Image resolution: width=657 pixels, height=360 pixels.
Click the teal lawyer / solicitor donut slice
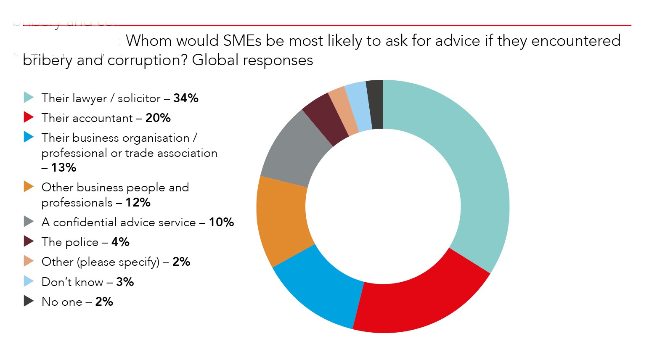coord(475,168)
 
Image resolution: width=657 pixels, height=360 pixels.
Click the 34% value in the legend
coord(185,98)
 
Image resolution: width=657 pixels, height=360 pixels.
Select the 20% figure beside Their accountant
coord(158,118)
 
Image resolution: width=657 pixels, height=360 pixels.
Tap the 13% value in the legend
coord(64,167)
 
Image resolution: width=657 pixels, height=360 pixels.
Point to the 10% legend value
coord(221,222)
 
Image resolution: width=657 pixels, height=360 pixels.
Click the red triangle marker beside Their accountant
coord(29,117)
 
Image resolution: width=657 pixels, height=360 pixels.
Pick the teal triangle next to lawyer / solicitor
coord(29,98)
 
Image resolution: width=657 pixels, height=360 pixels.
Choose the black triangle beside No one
coord(29,301)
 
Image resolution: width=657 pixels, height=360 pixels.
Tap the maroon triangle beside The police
coord(29,241)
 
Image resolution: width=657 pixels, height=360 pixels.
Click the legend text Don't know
coord(72,282)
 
